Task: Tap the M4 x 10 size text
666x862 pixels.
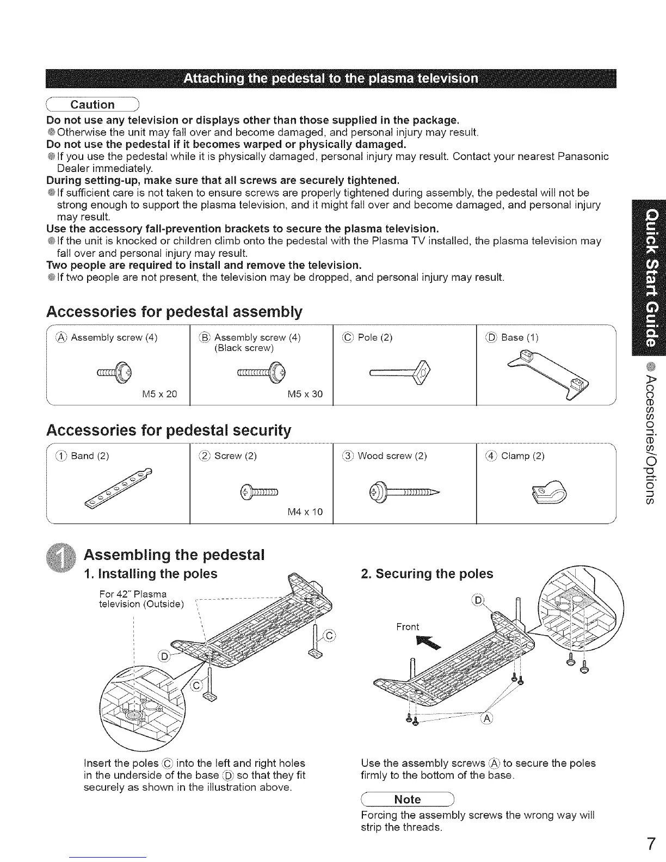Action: tap(305, 512)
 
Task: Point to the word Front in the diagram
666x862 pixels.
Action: tap(408, 626)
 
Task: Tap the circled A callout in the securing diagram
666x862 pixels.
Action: tap(487, 718)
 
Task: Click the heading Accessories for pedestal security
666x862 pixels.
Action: tap(169, 430)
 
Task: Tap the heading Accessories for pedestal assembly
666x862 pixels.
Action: tap(174, 312)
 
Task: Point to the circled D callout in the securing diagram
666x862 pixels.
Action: tap(478, 600)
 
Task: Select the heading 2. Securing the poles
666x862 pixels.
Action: tap(427, 574)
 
